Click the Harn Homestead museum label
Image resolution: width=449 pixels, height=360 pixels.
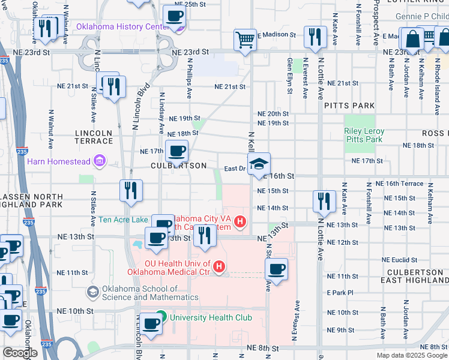click(58, 161)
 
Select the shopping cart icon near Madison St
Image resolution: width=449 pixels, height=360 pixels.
click(245, 40)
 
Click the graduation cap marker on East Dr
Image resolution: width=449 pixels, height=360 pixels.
click(259, 164)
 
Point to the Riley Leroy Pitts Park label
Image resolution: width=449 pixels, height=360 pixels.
click(364, 135)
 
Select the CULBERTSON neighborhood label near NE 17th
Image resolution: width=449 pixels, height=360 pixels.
click(179, 166)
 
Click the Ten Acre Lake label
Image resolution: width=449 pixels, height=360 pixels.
click(123, 220)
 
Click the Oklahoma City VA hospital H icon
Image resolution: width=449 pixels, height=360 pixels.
click(240, 222)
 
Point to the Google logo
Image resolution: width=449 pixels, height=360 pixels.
click(20, 353)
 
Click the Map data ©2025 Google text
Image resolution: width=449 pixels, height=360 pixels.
click(412, 355)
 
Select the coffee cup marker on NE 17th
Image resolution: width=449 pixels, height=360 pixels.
click(176, 151)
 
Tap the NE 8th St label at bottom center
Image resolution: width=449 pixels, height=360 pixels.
click(263, 348)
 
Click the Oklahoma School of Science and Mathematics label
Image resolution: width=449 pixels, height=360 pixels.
click(140, 293)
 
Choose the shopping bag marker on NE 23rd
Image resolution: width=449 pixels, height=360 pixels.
click(413, 40)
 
